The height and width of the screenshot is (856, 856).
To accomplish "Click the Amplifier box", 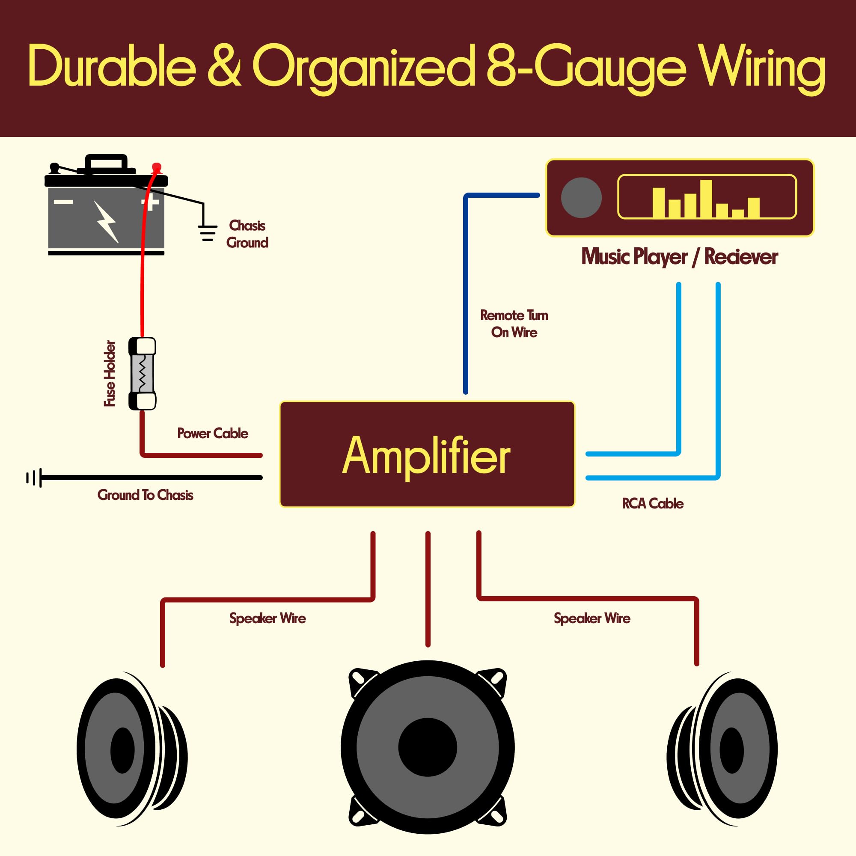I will pyautogui.click(x=427, y=454).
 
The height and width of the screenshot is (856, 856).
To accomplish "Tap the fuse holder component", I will pyautogui.click(x=142, y=374).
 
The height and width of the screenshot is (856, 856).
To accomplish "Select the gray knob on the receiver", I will pyautogui.click(x=581, y=198).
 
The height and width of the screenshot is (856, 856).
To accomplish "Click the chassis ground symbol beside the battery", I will pyautogui.click(x=207, y=232).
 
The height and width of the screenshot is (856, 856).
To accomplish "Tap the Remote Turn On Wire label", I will pyautogui.click(x=514, y=324).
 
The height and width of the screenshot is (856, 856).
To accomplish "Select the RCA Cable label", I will pyautogui.click(x=652, y=504).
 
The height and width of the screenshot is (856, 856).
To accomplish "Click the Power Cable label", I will pyautogui.click(x=213, y=433).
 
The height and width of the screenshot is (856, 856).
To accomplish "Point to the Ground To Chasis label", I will pyautogui.click(x=146, y=495).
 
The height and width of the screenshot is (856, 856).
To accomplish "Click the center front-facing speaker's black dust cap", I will pyautogui.click(x=428, y=747).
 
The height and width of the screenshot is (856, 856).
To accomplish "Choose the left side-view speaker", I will pyautogui.click(x=131, y=748).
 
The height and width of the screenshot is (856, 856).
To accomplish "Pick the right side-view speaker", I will pyautogui.click(x=722, y=748).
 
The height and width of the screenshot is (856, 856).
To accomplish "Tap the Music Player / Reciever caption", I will pyautogui.click(x=679, y=257).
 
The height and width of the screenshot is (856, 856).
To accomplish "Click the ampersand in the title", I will pyautogui.click(x=224, y=65).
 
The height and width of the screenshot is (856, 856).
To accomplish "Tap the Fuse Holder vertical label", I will pyautogui.click(x=110, y=373).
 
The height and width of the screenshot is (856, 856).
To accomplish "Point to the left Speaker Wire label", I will pyautogui.click(x=267, y=618).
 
